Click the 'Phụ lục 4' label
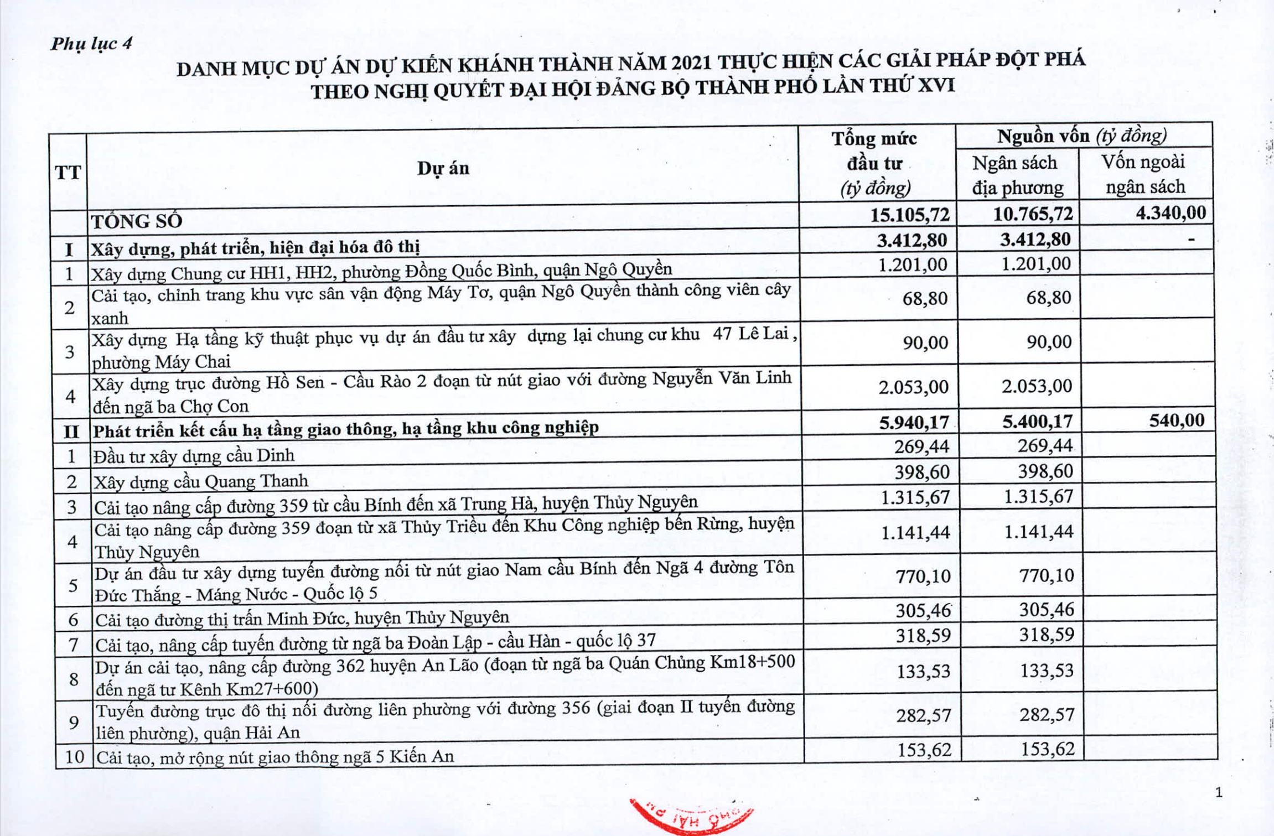[x=91, y=43]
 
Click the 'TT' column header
[x=68, y=173]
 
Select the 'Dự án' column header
[x=443, y=168]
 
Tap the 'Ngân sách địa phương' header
[x=1017, y=175]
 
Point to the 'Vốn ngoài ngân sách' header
[x=1144, y=174]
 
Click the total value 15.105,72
[x=909, y=215]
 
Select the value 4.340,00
[x=1171, y=212]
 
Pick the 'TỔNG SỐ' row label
[x=137, y=221]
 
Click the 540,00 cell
[x=1177, y=420]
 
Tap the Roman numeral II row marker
[x=71, y=431]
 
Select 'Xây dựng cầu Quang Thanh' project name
[x=201, y=481]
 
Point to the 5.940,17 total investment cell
[x=914, y=423]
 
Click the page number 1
[x=1218, y=793]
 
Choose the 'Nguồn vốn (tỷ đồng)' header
[x=1081, y=136]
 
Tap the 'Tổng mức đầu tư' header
[x=874, y=163]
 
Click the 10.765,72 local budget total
[x=1033, y=214]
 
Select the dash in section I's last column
[x=1191, y=240]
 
